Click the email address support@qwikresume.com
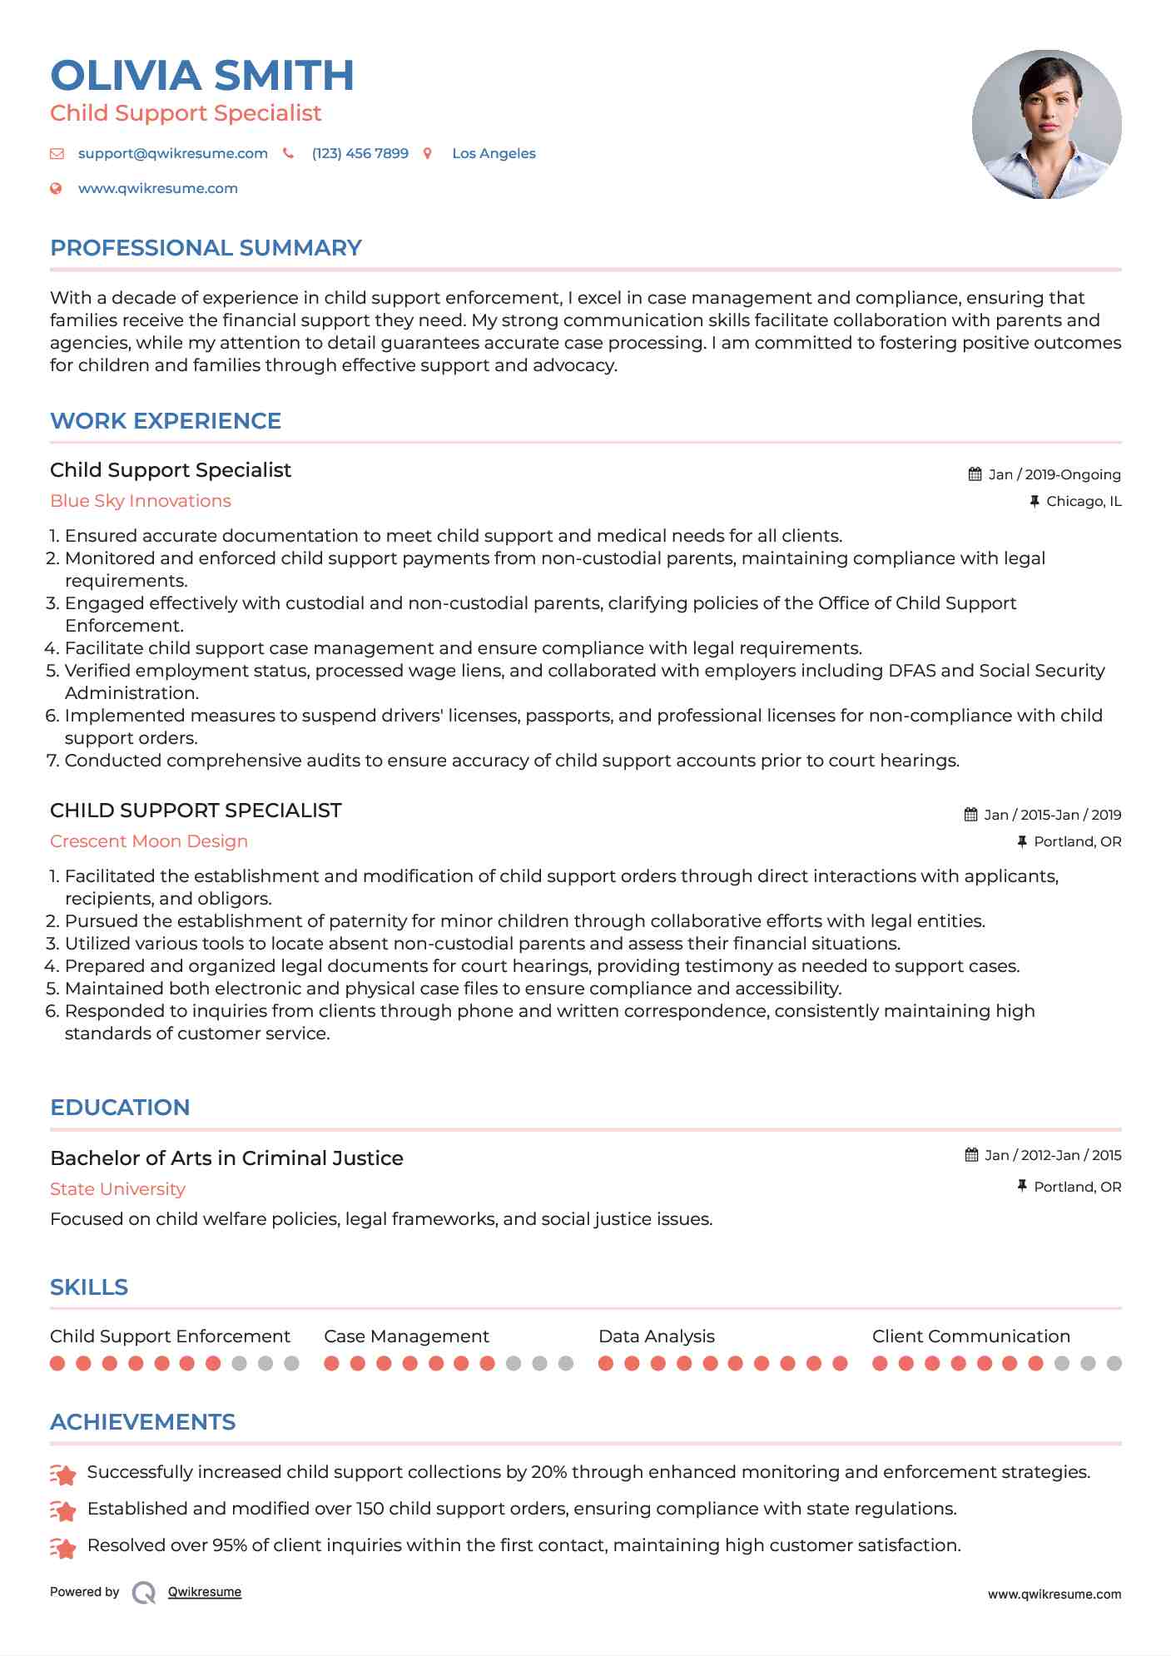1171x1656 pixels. pos(172,154)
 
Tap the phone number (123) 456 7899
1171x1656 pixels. pos(360,154)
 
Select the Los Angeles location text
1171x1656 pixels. pos(494,154)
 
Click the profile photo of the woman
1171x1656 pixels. pos(1046,125)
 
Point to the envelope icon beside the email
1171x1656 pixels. pos(57,154)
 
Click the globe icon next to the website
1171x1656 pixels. pos(57,189)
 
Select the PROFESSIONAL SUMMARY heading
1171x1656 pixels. pos(206,248)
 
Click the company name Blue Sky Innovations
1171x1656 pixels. pos(141,501)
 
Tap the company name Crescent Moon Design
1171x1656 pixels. pos(149,841)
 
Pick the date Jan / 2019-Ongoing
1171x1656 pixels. pos(1054,475)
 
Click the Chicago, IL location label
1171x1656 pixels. pos(1084,502)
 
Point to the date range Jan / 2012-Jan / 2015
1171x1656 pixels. pos(1052,1156)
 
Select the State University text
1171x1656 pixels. pos(117,1189)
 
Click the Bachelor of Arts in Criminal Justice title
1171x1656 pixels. pos(226,1158)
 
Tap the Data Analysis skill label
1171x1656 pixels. pos(656,1336)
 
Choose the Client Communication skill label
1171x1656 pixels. pos(970,1336)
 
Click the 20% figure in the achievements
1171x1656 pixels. pos(548,1472)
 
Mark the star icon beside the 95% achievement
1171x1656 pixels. pos(63,1547)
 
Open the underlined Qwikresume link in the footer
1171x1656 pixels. pos(205,1592)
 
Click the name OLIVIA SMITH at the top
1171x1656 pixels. pos(202,76)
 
